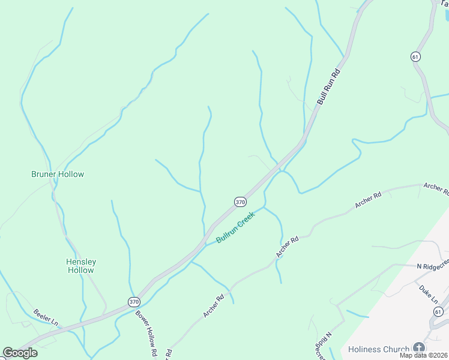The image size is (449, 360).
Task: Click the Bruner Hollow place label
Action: (58, 174)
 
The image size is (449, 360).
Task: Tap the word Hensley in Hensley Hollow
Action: (81, 262)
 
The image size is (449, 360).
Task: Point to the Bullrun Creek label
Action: (235, 227)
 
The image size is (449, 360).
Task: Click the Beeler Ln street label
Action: (45, 316)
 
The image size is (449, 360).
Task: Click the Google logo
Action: (20, 353)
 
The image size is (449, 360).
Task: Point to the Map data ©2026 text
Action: (423, 355)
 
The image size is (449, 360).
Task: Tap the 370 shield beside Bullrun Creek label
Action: (240, 202)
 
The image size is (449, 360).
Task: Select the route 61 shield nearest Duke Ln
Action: (438, 312)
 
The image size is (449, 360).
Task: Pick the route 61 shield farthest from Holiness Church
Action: (415, 56)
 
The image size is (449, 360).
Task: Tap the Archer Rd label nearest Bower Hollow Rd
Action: (213, 304)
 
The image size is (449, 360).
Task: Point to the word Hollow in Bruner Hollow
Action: (70, 174)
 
